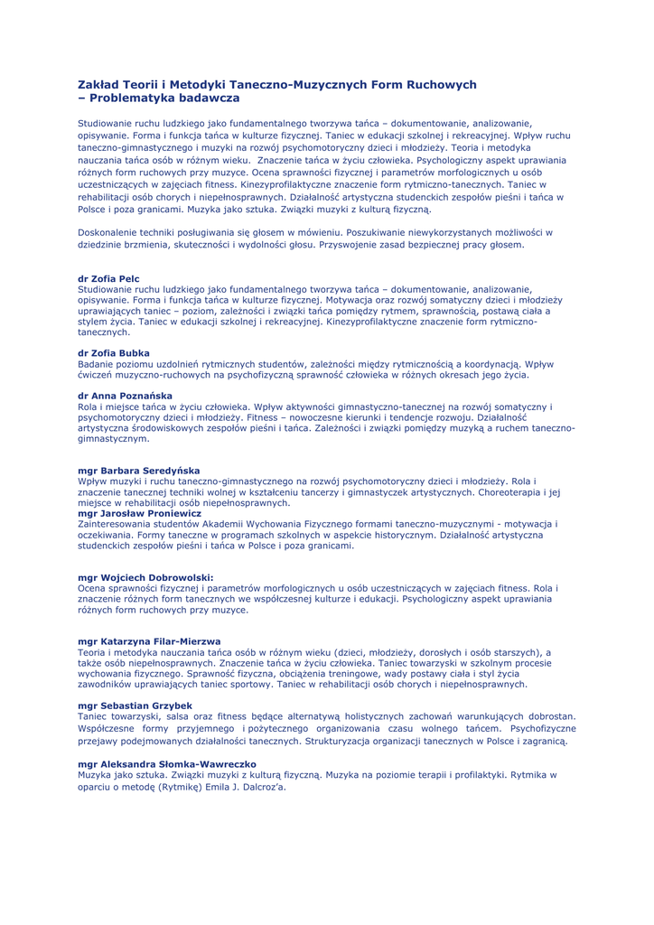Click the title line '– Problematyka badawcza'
[x=159, y=98]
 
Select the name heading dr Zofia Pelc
[x=109, y=278]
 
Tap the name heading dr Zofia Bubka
[x=114, y=353]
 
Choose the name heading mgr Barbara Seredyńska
[x=139, y=471]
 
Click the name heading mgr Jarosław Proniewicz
[x=139, y=513]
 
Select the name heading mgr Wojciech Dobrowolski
[x=145, y=577]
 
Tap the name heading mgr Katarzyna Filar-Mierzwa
[x=149, y=641]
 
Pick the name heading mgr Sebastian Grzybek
[x=135, y=705]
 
